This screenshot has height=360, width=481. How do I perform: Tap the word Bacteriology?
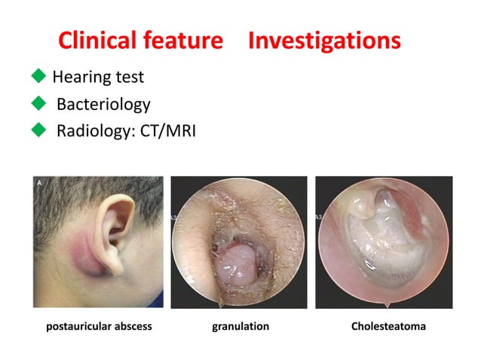point(103,105)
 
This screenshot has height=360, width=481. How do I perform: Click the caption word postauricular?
point(78,326)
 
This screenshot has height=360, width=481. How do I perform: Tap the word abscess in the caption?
point(135,326)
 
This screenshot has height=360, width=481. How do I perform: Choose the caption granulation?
point(239,326)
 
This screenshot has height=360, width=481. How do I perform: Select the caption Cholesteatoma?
point(388,326)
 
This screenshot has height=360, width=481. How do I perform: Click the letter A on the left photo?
point(38,182)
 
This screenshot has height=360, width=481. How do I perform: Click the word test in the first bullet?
point(130,77)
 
